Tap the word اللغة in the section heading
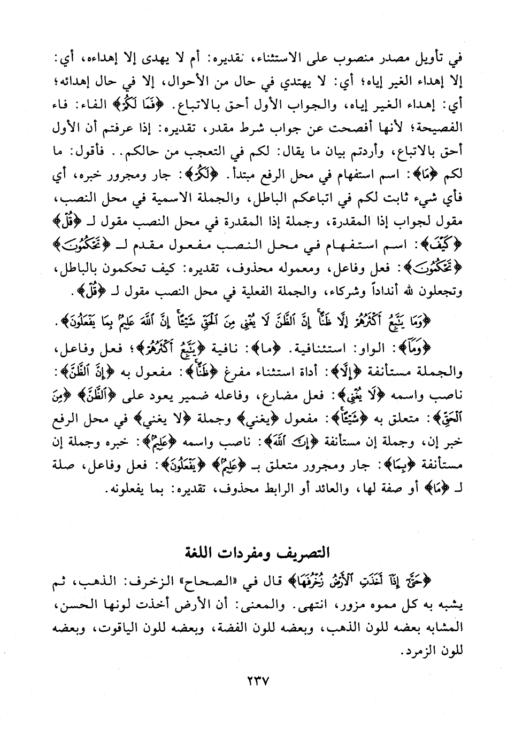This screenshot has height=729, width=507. (197, 551)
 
